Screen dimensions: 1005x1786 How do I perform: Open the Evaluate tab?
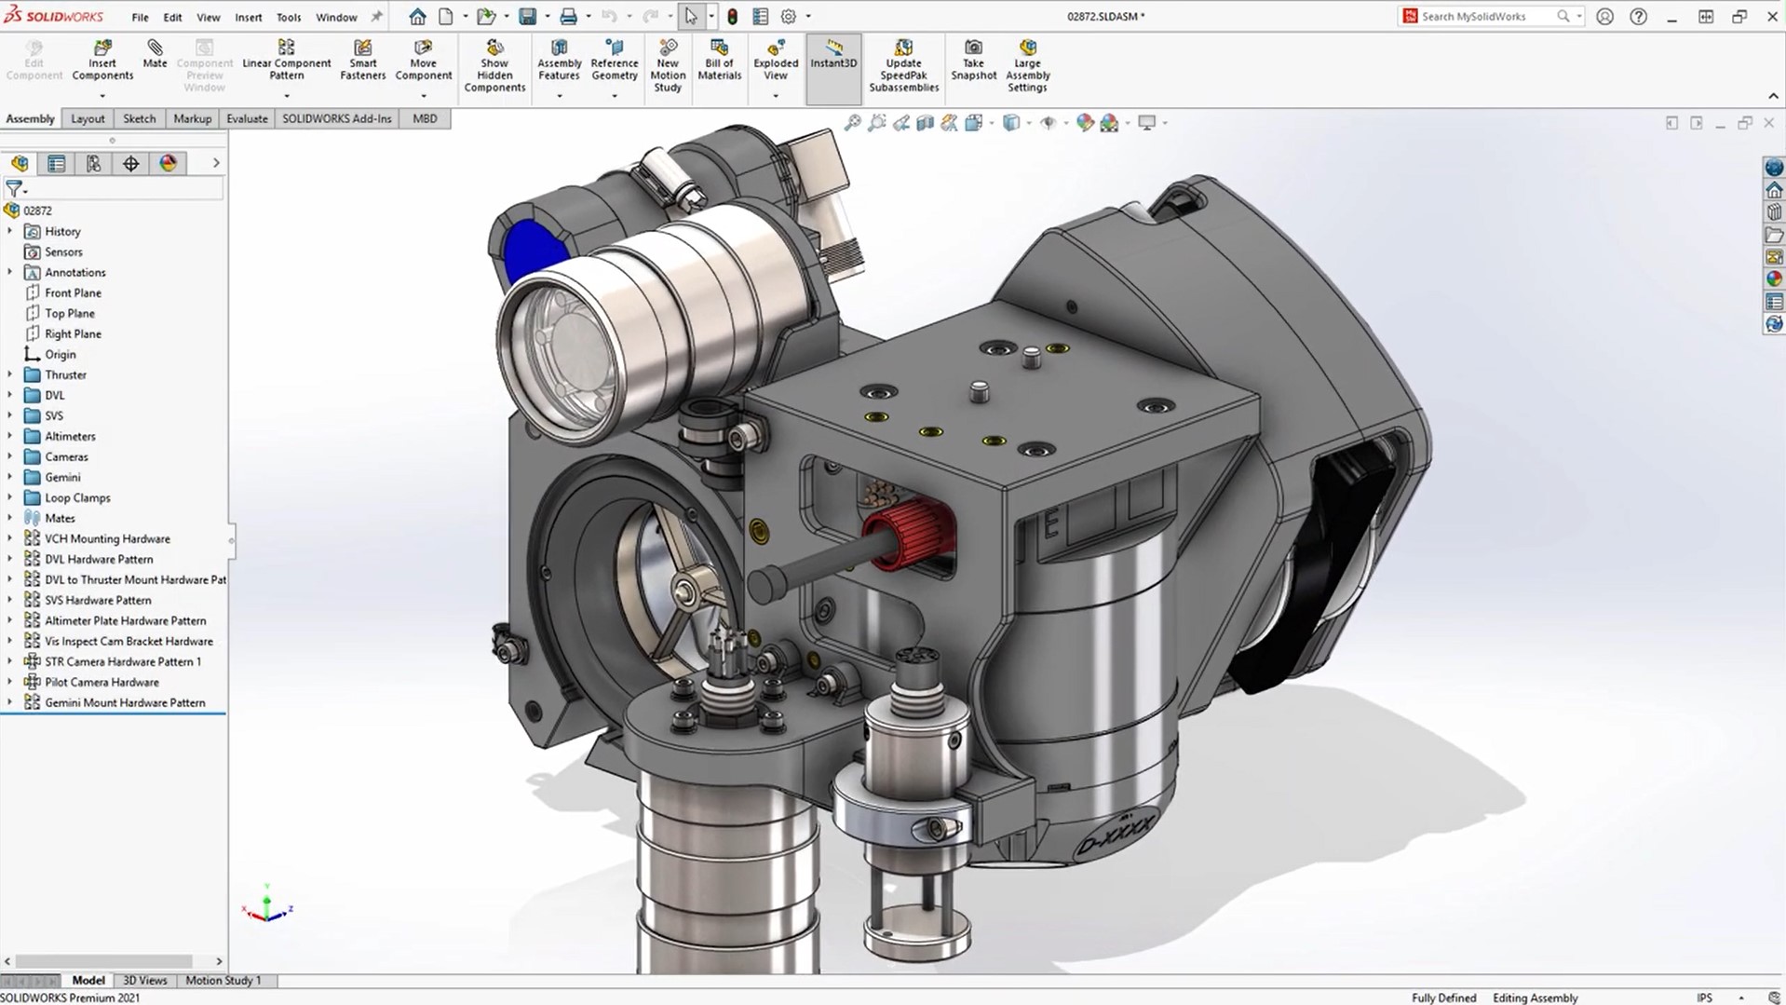(x=247, y=118)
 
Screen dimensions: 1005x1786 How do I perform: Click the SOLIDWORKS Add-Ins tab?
(x=336, y=118)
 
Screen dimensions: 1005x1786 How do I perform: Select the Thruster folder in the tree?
(x=65, y=374)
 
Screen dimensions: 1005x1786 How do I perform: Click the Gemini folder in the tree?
(x=62, y=477)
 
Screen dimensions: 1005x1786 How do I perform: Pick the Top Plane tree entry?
(x=70, y=313)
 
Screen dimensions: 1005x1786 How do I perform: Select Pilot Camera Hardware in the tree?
(x=101, y=682)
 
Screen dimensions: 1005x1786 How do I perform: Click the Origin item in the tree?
(x=61, y=354)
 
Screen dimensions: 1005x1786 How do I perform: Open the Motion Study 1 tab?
(x=223, y=980)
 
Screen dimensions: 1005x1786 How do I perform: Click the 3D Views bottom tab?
(x=145, y=980)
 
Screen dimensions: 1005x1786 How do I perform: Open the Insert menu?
(x=248, y=17)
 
